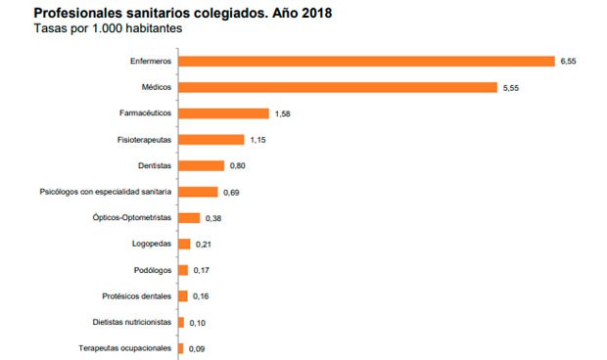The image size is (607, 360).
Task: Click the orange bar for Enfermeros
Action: pos(367,61)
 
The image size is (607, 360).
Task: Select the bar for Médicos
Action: pos(339,87)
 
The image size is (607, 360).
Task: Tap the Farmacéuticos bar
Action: pos(224,113)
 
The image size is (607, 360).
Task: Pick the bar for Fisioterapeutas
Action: pos(211,140)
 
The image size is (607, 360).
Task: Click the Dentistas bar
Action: pos(202,166)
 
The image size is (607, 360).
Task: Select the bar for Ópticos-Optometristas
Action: pos(190,218)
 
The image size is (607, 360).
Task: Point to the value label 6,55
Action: pos(570,61)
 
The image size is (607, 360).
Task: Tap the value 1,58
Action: pos(284,113)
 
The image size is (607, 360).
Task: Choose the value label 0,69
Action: pos(233,193)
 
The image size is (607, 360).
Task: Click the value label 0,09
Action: pos(199,348)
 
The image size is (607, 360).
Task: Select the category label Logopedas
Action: pos(152,244)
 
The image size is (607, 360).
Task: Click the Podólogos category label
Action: pos(152,270)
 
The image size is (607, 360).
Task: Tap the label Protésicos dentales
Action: pos(137,295)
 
